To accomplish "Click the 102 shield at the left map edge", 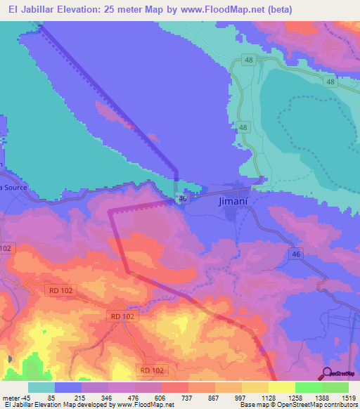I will pos(6,248).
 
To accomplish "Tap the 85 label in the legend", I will pos(51,397).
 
